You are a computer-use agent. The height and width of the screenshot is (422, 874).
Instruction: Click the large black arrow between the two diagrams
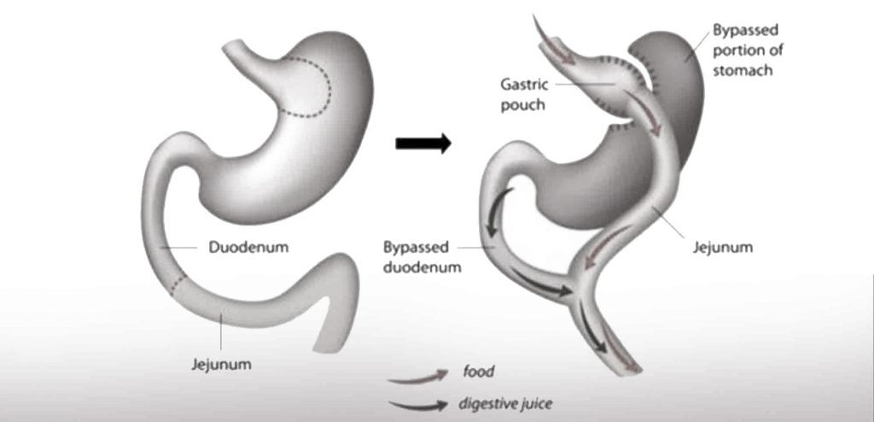[x=423, y=144]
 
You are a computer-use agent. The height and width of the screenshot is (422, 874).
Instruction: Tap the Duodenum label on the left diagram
[x=248, y=248]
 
